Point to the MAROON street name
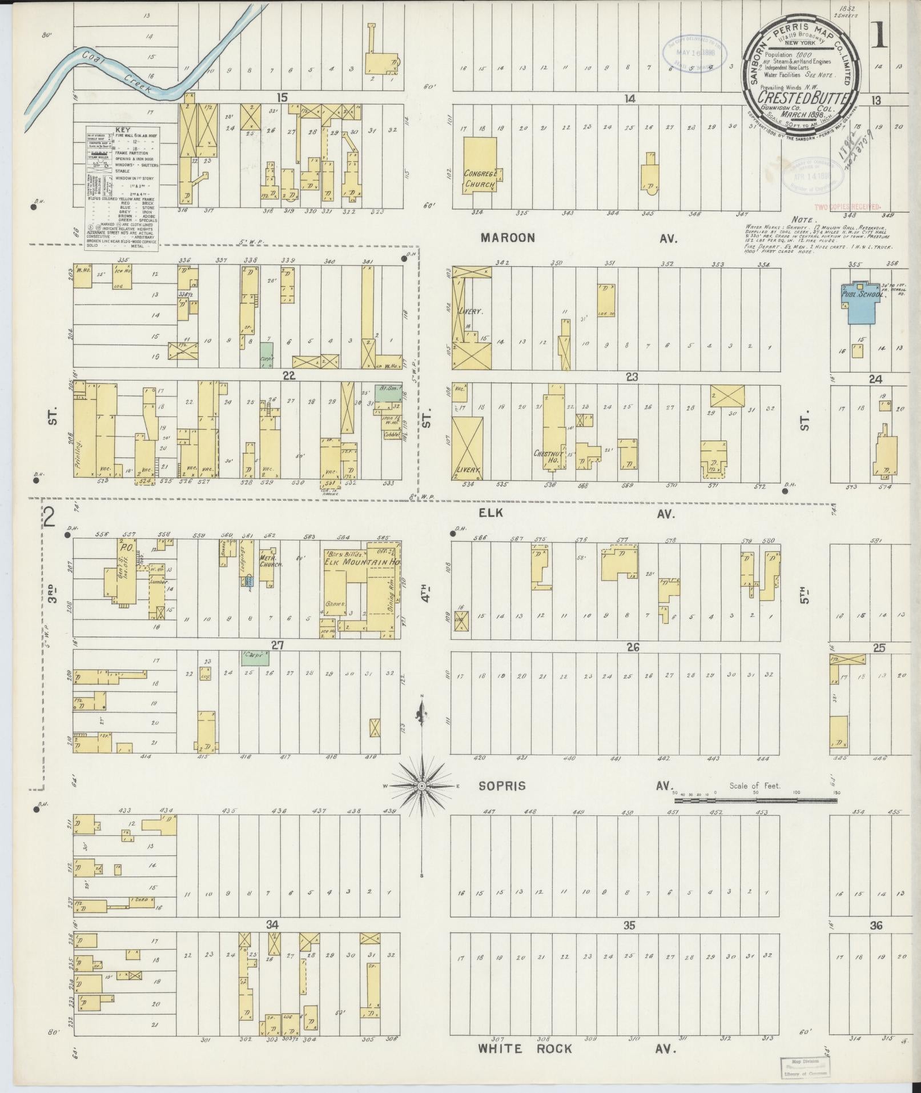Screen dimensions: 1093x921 508,237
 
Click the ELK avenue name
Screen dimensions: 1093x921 490,513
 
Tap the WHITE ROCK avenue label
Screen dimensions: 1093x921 525,1048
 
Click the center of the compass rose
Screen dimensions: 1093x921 421,786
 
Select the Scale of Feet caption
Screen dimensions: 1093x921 754,786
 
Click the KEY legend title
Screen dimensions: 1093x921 122,130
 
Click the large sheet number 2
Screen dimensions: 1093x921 50,517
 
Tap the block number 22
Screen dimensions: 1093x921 289,375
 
